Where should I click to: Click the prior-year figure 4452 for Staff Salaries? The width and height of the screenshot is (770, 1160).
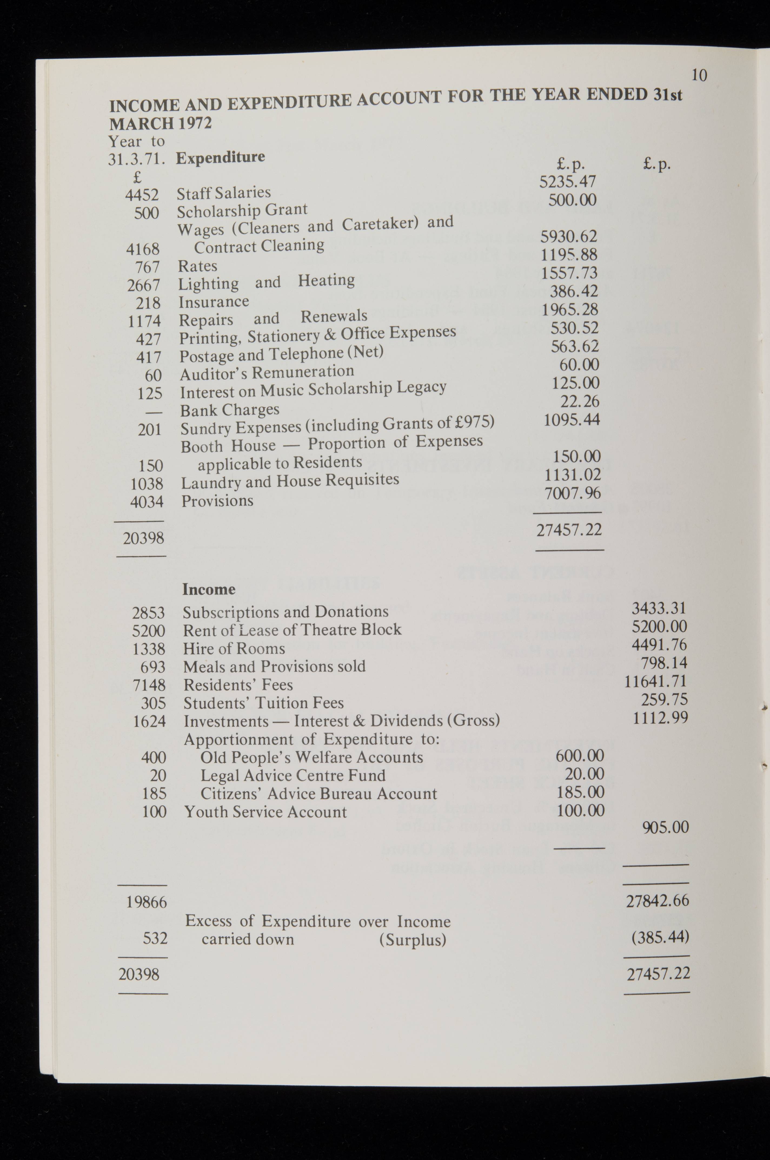[142, 195]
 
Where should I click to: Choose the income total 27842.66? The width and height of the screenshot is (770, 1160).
[658, 901]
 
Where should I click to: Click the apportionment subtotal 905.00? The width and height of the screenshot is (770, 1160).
[665, 827]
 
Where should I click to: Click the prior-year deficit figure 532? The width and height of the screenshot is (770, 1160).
[155, 938]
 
